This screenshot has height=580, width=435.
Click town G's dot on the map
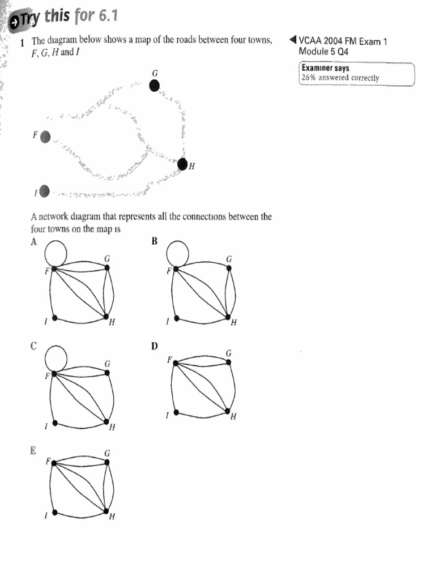point(155,86)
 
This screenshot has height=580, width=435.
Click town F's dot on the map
point(46,137)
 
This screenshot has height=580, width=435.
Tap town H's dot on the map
point(182,164)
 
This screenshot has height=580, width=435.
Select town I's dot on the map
point(45,191)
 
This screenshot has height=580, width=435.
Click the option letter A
point(34,242)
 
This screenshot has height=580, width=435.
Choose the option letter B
point(154,242)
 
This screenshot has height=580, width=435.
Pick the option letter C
point(34,346)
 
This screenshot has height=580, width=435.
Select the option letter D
point(154,346)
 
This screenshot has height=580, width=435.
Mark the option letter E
point(34,451)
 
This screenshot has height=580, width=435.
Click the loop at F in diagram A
point(53,252)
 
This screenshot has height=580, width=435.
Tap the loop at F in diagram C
point(53,357)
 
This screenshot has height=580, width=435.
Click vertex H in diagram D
point(228,412)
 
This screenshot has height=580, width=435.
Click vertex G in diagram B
point(229,268)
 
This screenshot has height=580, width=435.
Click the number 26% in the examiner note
point(309,78)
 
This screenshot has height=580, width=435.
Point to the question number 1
point(22,42)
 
